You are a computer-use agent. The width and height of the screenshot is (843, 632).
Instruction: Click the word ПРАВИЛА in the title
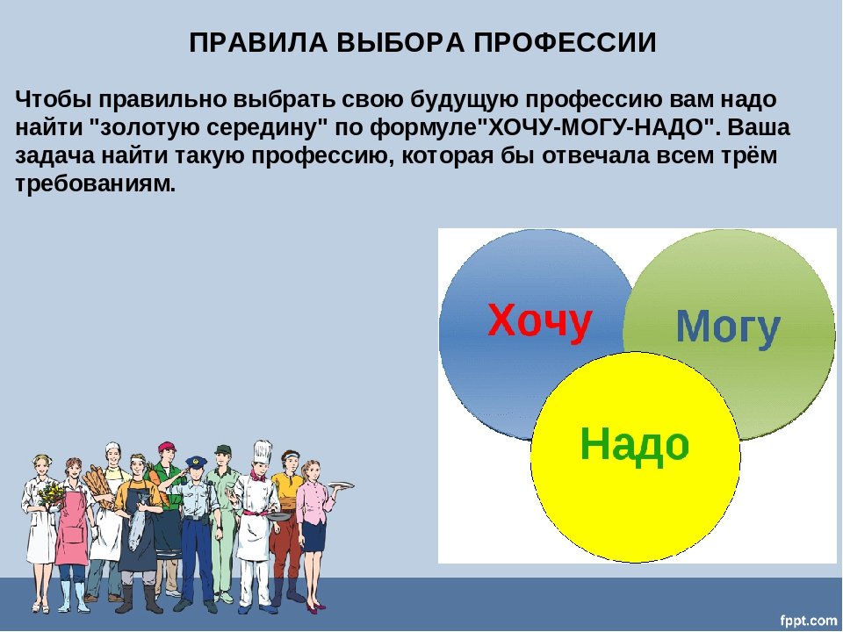coord(258,42)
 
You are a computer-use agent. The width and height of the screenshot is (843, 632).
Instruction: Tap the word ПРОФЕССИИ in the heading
coord(565,42)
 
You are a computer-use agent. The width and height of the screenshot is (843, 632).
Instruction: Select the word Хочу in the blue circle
coord(540,321)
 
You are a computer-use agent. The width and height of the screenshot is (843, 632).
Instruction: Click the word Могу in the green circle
coord(728,327)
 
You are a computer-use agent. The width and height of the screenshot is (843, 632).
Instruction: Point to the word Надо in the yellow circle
coord(634,444)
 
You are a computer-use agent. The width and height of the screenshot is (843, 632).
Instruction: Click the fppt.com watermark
coord(808,620)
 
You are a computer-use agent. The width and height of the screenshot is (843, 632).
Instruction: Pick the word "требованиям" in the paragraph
coord(95,183)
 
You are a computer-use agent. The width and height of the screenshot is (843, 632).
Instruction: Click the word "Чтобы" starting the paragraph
coord(54,100)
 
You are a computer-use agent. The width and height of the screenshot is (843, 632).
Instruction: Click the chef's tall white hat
coord(263,452)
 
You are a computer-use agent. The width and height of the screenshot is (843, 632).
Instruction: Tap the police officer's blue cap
coord(196,462)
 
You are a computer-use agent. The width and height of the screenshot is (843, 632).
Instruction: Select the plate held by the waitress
coord(341,485)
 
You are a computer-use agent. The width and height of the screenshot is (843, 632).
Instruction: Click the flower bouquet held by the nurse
coord(50,492)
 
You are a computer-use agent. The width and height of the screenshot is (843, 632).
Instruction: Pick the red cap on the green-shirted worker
coord(167,446)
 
